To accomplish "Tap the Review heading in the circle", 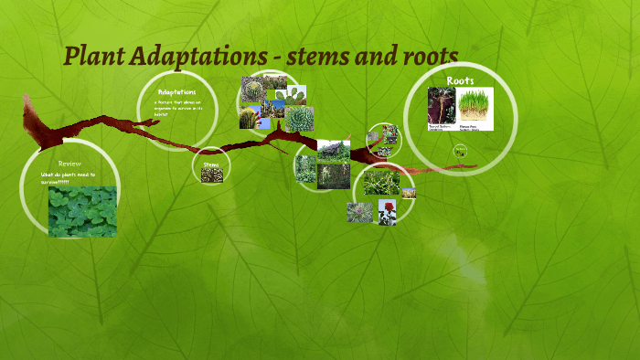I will click(69, 164).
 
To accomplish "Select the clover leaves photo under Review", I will click(82, 211).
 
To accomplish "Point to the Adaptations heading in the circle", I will click(176, 93).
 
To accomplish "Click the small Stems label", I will click(210, 164).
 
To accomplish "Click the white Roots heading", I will click(460, 81).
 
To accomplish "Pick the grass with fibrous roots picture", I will click(475, 105).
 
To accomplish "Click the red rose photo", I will click(387, 212).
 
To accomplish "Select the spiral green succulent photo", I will click(299, 119).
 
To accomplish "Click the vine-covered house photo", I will click(334, 151).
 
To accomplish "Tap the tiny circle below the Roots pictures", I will click(460, 151).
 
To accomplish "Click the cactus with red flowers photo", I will click(275, 95).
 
